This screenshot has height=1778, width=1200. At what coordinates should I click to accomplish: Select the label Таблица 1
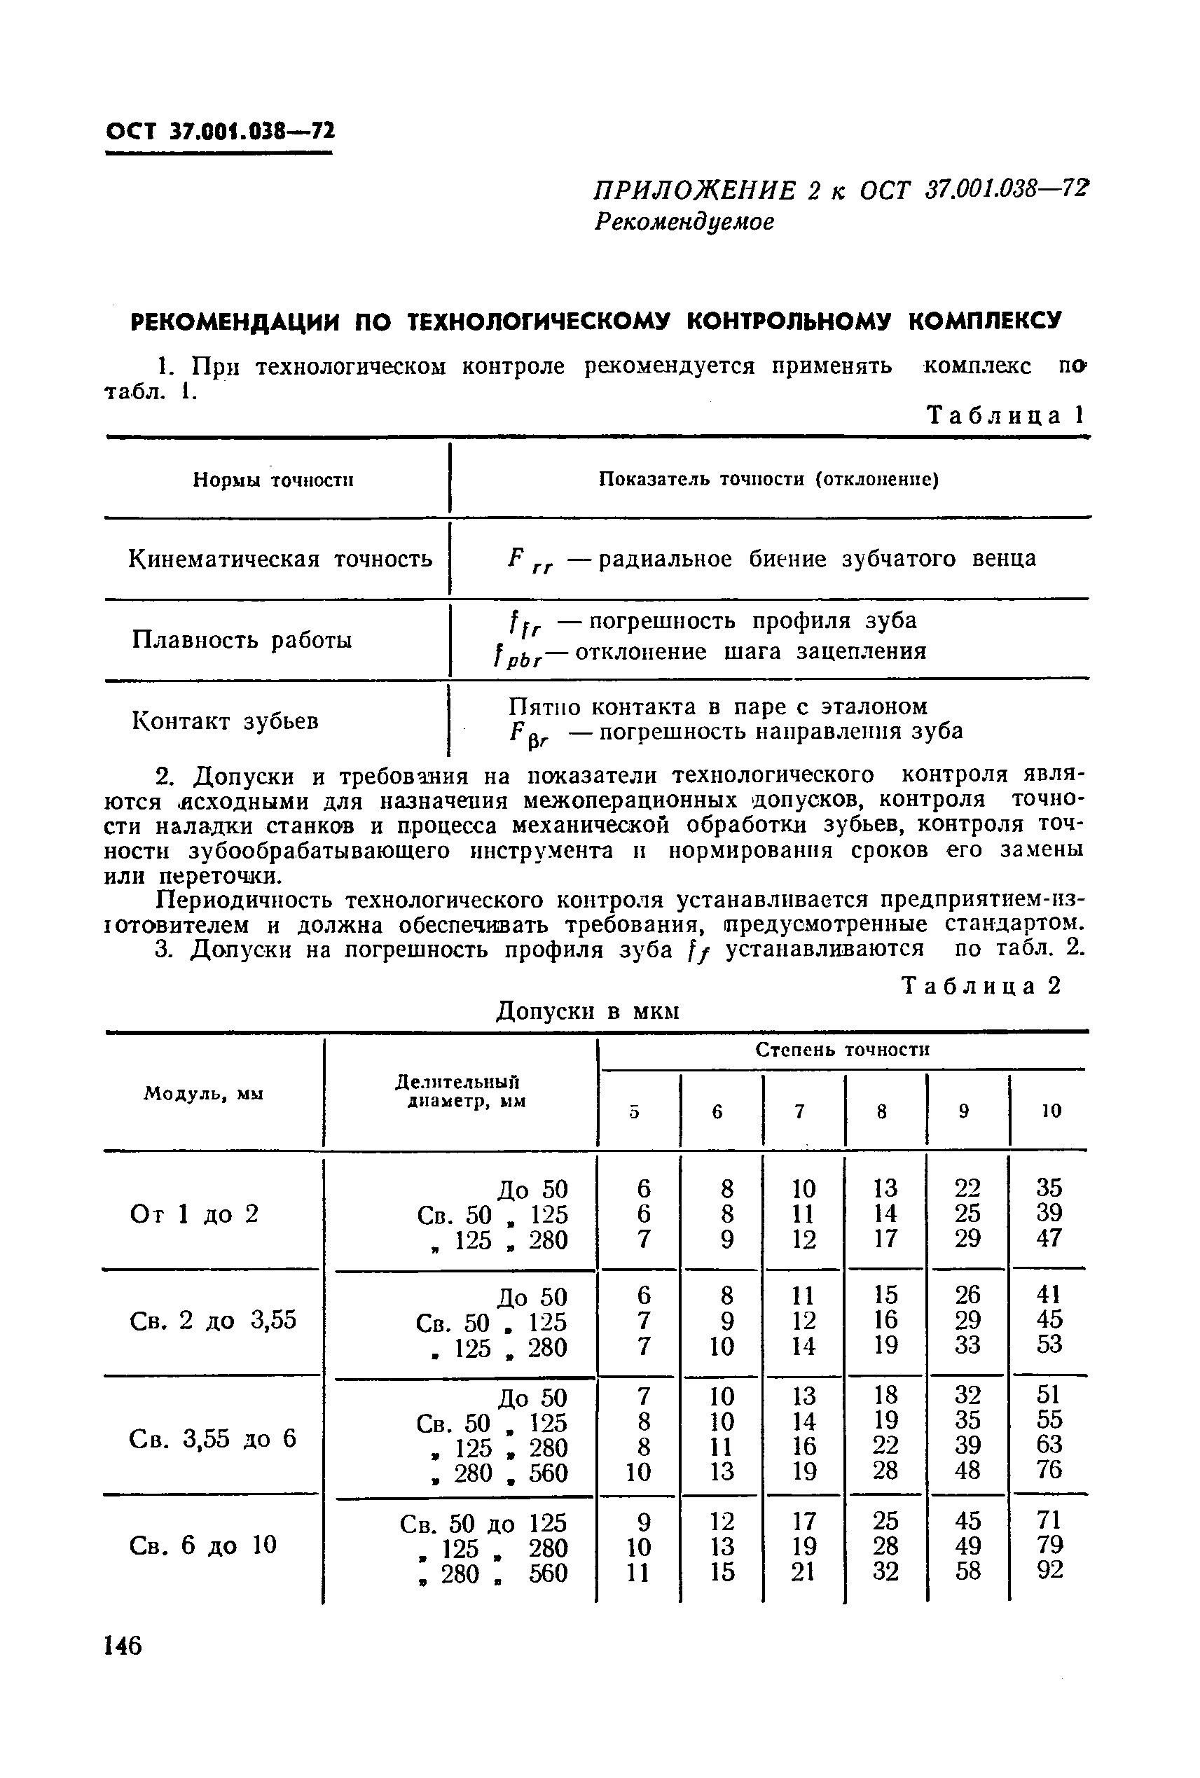(1005, 415)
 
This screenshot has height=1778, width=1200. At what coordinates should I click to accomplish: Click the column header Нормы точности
(273, 480)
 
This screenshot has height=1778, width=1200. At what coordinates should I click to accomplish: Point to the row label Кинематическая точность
(280, 560)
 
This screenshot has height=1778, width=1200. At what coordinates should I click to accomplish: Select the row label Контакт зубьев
(226, 721)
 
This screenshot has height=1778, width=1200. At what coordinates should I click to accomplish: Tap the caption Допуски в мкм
(588, 1011)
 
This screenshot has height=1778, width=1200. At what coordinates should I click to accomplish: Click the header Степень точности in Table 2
(842, 1050)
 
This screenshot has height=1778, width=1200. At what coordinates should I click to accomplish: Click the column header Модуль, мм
(204, 1094)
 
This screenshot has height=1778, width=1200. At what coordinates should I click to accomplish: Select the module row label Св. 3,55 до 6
(212, 1439)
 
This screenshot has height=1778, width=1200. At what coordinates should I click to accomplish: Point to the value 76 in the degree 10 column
(1049, 1470)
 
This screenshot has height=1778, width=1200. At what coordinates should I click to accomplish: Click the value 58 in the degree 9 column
(968, 1571)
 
